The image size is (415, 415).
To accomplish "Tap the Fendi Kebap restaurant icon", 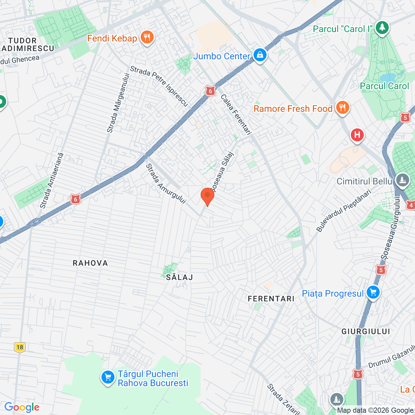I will click(147, 38).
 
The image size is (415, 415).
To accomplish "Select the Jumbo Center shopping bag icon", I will click(260, 55).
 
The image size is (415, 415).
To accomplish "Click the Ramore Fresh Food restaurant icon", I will click(342, 108).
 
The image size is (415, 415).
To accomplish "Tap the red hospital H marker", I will click(357, 135).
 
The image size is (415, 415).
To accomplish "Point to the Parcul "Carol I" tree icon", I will click(382, 28).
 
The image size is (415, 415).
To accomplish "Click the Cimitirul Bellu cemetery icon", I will click(402, 181).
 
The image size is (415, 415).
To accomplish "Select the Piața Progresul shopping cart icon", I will click(373, 293).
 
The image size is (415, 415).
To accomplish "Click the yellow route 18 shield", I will click(20, 347).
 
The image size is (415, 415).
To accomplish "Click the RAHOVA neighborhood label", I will click(90, 263).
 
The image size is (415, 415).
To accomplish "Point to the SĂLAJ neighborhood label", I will click(179, 277).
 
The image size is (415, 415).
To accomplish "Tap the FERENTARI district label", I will click(271, 299).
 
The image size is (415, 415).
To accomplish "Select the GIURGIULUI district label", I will click(366, 331).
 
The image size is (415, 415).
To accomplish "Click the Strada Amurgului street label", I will click(166, 184).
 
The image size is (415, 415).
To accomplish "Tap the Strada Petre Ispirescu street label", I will click(159, 86).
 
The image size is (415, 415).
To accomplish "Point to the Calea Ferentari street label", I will click(236, 114).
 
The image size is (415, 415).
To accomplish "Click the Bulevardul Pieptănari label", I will click(344, 211).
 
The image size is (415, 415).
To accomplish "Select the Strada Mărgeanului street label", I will click(118, 103).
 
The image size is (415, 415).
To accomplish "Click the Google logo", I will click(22, 407).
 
